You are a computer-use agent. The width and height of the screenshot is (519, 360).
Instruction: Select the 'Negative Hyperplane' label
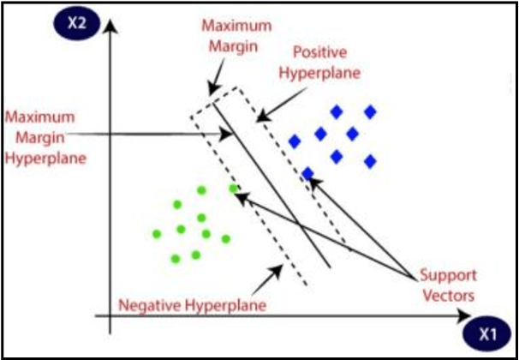(x=189, y=304)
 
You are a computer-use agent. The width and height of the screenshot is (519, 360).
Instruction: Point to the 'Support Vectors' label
(x=447, y=285)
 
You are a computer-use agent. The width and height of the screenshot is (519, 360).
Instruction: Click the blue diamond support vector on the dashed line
(x=307, y=174)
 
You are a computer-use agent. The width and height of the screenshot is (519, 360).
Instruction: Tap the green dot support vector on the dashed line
(x=233, y=189)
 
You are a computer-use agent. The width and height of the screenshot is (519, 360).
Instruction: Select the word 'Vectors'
(x=448, y=295)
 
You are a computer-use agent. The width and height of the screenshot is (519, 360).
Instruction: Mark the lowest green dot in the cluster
(x=175, y=258)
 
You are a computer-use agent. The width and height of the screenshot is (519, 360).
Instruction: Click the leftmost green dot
(x=156, y=233)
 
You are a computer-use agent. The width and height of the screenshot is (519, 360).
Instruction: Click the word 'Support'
(x=447, y=277)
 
